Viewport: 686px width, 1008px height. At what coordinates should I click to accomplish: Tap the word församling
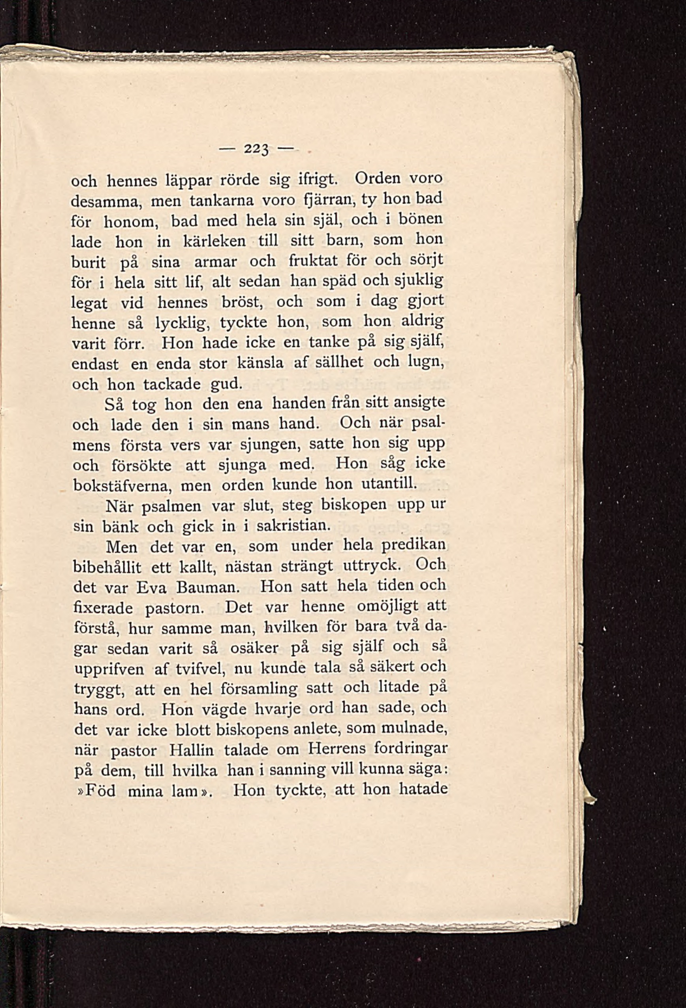[259, 689]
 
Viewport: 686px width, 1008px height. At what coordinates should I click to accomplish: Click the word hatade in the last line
[423, 788]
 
